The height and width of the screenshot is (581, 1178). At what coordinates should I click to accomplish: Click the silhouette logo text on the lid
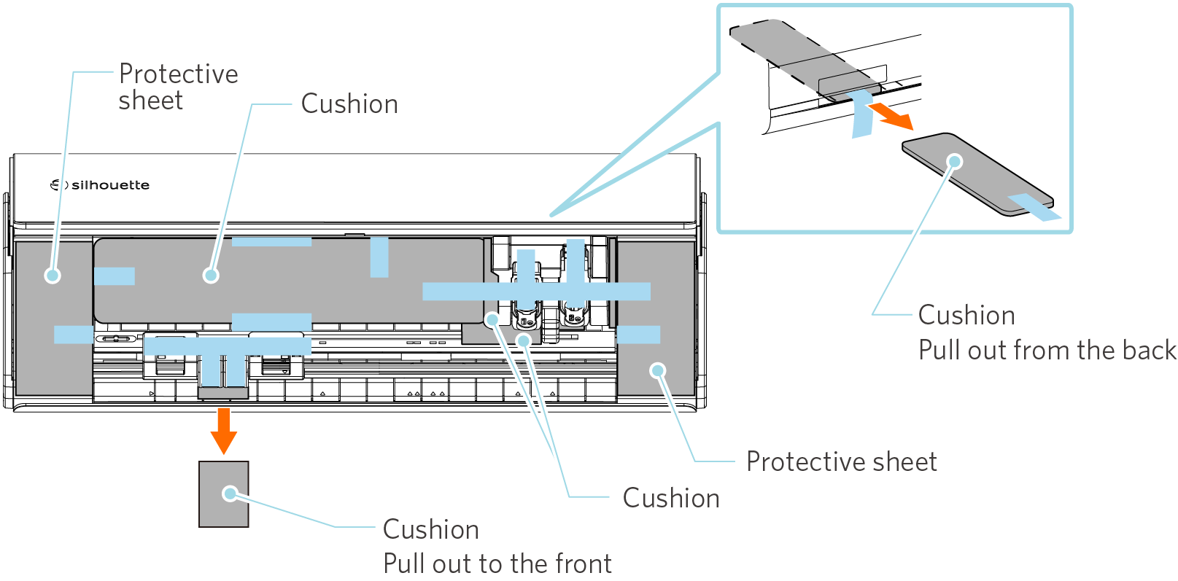(x=110, y=185)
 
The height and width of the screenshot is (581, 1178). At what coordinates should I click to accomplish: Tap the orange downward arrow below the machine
(x=223, y=431)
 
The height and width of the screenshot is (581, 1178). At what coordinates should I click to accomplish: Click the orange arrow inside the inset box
(x=891, y=116)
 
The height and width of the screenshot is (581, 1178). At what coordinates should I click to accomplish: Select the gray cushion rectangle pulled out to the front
(x=223, y=494)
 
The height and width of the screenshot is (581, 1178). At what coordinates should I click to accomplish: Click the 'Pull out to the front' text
(x=497, y=564)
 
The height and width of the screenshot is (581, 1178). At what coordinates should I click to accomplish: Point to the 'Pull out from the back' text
(x=1047, y=350)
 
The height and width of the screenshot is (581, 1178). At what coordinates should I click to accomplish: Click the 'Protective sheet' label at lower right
(x=842, y=461)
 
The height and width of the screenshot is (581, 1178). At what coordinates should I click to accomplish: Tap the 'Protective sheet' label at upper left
(x=178, y=87)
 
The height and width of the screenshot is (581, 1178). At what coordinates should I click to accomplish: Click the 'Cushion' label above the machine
(x=349, y=104)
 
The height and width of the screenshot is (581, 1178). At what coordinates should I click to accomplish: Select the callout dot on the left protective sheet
(x=53, y=275)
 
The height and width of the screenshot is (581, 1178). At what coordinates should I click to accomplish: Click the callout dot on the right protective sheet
(x=657, y=370)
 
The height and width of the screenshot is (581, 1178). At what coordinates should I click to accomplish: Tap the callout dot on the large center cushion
(x=211, y=275)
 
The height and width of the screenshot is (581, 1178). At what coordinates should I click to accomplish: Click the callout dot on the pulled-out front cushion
(x=230, y=494)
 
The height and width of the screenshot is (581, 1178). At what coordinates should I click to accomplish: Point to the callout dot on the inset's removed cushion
(x=955, y=161)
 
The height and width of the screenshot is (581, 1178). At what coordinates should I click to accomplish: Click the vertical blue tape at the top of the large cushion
(x=379, y=257)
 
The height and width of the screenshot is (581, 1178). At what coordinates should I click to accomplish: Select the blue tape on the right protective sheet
(x=638, y=335)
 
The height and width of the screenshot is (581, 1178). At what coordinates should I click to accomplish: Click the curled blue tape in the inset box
(x=862, y=114)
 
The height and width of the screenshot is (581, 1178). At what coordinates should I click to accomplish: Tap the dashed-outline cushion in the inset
(x=805, y=57)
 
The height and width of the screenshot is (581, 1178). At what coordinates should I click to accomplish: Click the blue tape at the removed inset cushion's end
(x=1034, y=207)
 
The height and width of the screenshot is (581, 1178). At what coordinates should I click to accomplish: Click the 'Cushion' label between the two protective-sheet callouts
(x=671, y=498)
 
